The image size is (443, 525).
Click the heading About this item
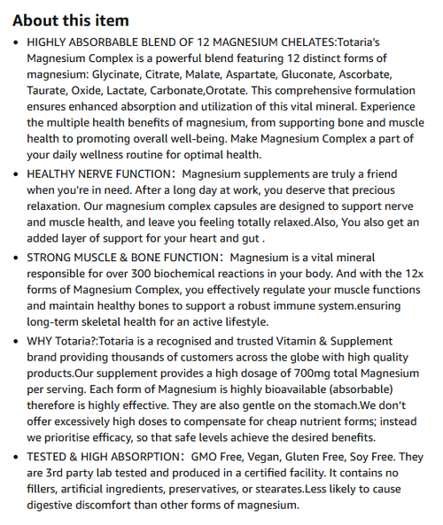click(x=70, y=20)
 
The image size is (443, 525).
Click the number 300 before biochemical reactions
click(x=151, y=274)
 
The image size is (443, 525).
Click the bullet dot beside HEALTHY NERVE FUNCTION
click(x=18, y=174)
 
